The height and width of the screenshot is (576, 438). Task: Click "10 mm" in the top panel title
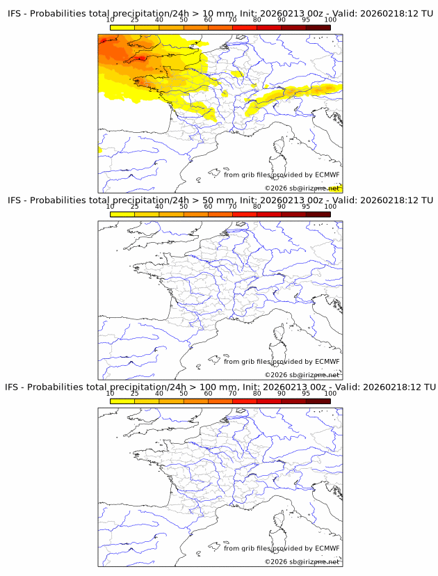click(x=222, y=14)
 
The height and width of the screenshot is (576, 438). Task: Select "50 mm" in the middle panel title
click(x=222, y=200)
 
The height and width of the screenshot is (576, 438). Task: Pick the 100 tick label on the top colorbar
click(x=330, y=19)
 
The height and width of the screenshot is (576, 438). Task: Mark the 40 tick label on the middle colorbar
click(x=159, y=206)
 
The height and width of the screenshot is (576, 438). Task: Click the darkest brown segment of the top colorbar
click(x=318, y=27)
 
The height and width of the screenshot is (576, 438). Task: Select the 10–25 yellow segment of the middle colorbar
click(x=122, y=214)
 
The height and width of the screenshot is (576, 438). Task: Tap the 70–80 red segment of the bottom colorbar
click(x=244, y=400)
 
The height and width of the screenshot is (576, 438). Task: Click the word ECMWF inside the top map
click(x=327, y=175)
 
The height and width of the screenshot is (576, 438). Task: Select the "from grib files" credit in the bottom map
click(x=247, y=548)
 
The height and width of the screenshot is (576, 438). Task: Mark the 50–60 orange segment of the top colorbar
click(x=195, y=27)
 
